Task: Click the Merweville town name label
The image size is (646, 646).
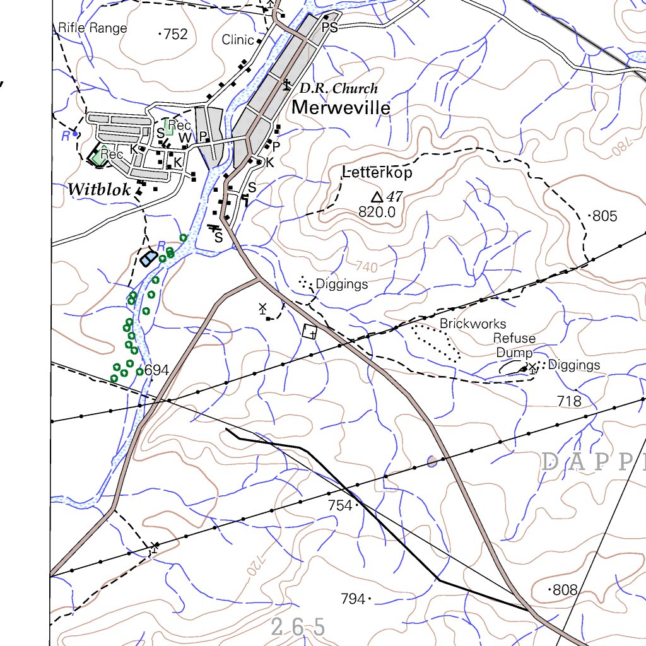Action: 341,108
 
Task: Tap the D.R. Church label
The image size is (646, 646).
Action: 338,88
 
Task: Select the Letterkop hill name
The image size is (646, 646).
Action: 377,172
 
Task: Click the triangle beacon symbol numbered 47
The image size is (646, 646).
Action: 377,197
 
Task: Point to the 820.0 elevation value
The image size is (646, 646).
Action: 377,213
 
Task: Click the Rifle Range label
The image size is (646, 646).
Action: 92,28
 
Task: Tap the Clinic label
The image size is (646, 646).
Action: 237,40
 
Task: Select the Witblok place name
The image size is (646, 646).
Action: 99,189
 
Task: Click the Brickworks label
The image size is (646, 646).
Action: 473,324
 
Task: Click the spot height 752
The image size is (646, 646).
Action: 175,34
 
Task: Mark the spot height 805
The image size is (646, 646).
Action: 604,216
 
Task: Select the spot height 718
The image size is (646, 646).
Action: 568,401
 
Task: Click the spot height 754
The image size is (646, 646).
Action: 340,505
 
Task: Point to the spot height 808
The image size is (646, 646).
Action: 564,590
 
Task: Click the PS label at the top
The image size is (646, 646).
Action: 330,28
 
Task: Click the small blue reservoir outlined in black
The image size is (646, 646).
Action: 149,258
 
